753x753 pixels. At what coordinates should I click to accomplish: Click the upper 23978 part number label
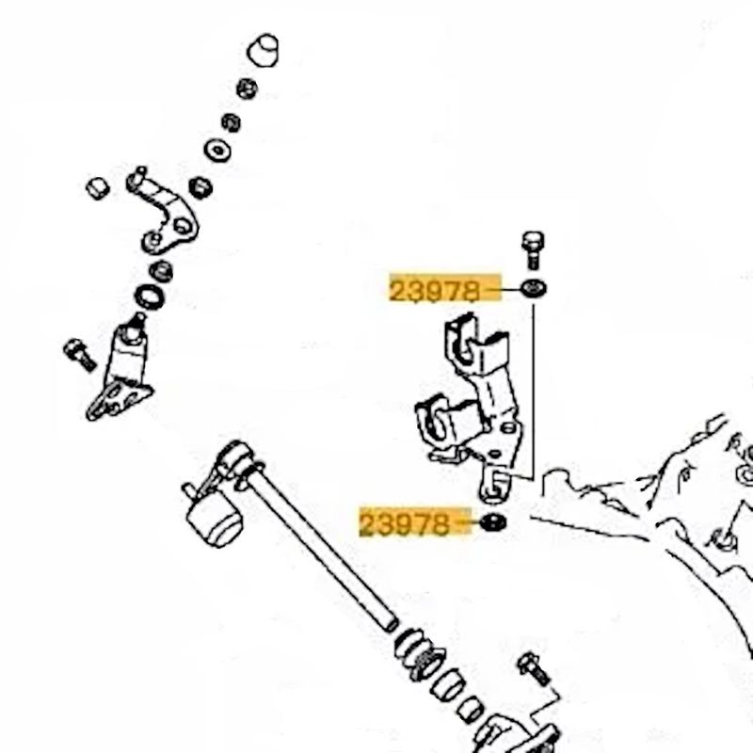click(434, 291)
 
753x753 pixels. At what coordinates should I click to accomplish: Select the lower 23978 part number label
click(404, 523)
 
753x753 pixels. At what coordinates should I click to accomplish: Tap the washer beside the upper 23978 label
click(533, 289)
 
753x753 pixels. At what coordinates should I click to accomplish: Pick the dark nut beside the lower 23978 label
click(492, 522)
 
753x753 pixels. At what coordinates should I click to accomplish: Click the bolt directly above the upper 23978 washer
click(532, 249)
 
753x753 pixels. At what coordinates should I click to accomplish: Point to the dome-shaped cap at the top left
click(264, 50)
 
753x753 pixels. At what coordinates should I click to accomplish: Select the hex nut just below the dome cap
click(247, 88)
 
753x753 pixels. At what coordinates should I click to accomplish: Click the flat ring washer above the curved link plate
click(217, 151)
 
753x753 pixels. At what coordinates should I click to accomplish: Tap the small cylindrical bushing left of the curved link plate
click(98, 188)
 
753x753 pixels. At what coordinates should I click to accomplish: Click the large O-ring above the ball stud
click(150, 296)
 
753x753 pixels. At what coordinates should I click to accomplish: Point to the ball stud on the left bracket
click(133, 328)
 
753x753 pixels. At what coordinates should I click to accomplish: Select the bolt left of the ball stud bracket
click(80, 354)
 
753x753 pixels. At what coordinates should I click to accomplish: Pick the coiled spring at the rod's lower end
click(420, 654)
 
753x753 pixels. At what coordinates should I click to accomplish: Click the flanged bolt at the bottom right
click(534, 668)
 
